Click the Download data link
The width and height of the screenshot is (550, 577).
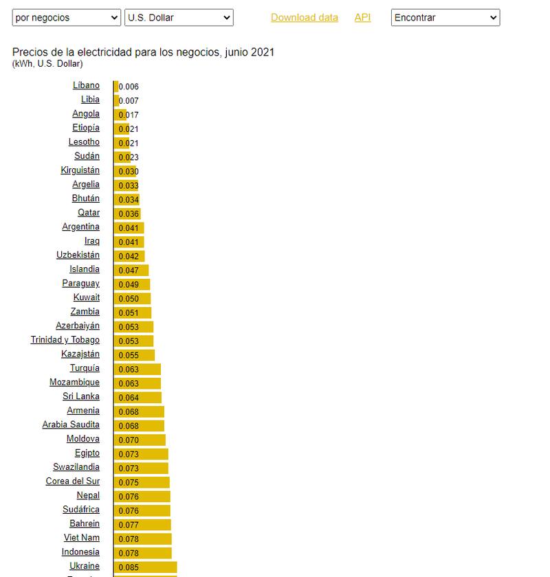[304, 18]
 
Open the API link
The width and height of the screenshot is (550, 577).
[362, 18]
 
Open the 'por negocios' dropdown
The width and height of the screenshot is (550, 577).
[67, 18]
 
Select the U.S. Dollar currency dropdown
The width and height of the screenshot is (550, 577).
[179, 18]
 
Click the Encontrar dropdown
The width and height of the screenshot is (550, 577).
[445, 18]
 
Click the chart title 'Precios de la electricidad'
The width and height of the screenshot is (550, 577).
[143, 52]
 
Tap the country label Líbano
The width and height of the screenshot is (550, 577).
[86, 86]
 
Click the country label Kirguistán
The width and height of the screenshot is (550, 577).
[80, 170]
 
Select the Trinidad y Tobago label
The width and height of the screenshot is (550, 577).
[65, 340]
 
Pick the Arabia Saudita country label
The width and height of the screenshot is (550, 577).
[71, 425]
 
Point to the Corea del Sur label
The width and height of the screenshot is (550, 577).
[72, 482]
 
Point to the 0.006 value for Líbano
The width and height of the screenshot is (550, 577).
[129, 87]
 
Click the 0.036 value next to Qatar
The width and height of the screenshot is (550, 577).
[129, 214]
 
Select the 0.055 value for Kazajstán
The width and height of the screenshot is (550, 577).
[129, 356]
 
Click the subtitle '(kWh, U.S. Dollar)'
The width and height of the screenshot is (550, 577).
[47, 64]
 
